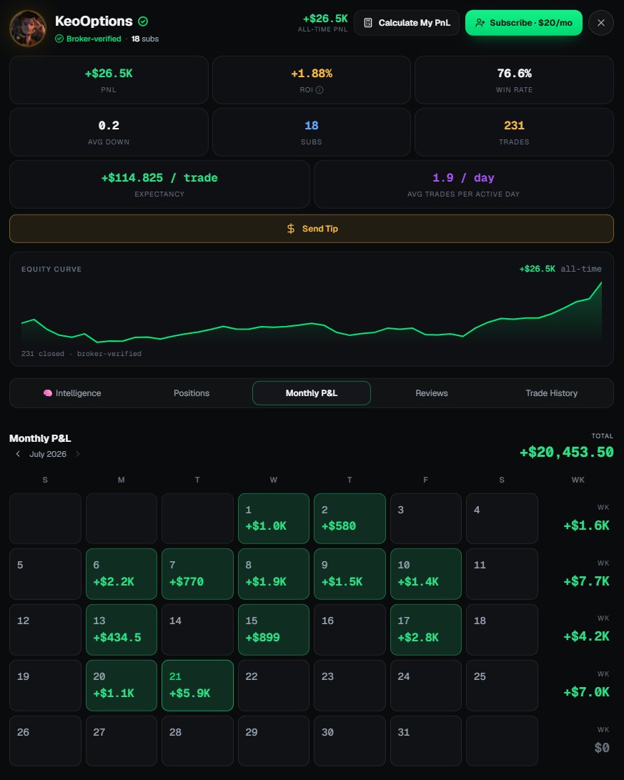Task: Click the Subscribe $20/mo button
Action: [x=523, y=23]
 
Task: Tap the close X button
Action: [x=600, y=23]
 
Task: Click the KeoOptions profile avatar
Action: [x=28, y=29]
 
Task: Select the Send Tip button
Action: [x=311, y=229]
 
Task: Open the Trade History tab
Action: [x=551, y=393]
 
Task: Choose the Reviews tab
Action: [x=432, y=393]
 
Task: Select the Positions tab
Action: [x=192, y=393]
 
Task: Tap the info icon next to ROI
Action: [x=320, y=90]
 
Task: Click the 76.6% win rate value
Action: [x=514, y=74]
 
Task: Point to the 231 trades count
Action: [x=514, y=126]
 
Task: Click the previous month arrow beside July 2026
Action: [x=18, y=454]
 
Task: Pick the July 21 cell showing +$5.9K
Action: [x=197, y=686]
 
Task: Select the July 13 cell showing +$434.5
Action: [x=122, y=630]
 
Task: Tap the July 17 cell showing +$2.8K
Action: [x=425, y=630]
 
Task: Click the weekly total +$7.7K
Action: [x=586, y=581]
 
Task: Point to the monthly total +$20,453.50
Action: [x=566, y=452]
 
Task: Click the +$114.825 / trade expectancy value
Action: [x=159, y=178]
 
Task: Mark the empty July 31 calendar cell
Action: [x=425, y=741]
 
